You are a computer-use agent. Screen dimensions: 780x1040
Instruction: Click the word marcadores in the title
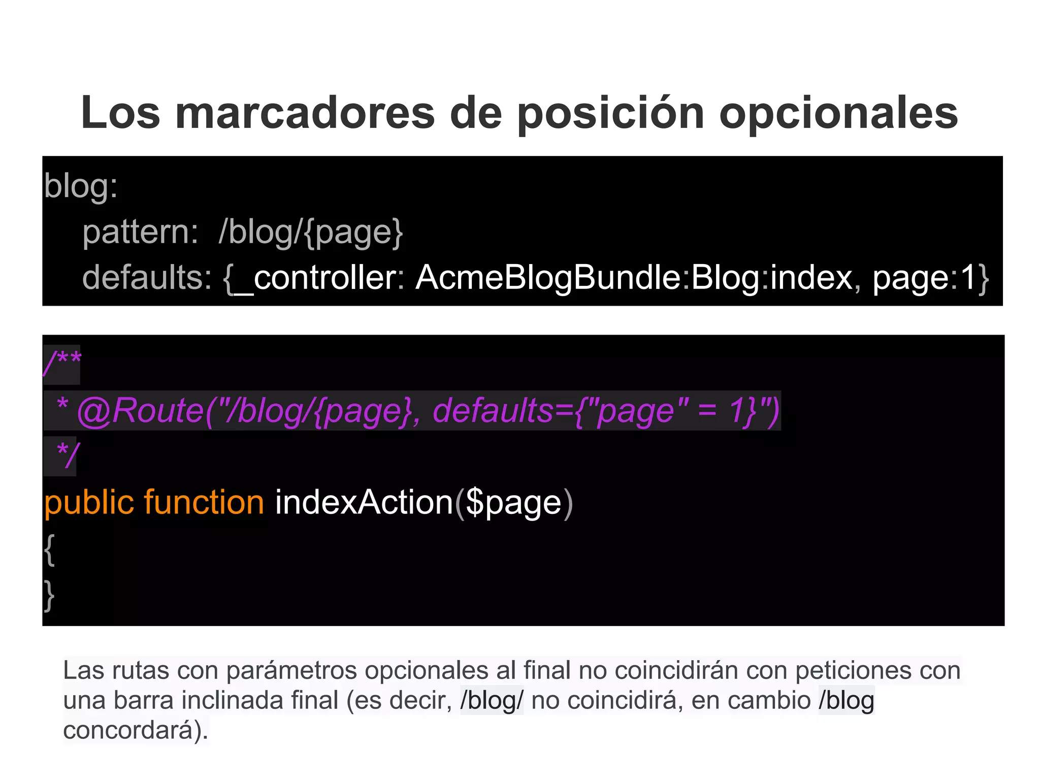pyautogui.click(x=305, y=113)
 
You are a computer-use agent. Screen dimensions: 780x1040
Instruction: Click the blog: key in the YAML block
pyautogui.click(x=81, y=186)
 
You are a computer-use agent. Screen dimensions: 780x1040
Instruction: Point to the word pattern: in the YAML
pyautogui.click(x=140, y=232)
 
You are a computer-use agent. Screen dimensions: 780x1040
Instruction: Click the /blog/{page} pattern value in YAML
pyautogui.click(x=310, y=232)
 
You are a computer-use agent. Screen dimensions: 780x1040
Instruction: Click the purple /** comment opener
pyautogui.click(x=62, y=364)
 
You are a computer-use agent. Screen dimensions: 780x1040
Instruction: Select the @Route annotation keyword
pyautogui.click(x=140, y=410)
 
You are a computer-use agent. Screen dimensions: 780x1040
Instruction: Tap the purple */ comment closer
pyautogui.click(x=68, y=455)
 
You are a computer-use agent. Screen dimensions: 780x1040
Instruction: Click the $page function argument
pyautogui.click(x=513, y=503)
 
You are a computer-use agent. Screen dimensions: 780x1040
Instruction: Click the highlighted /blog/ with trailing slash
pyautogui.click(x=491, y=700)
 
